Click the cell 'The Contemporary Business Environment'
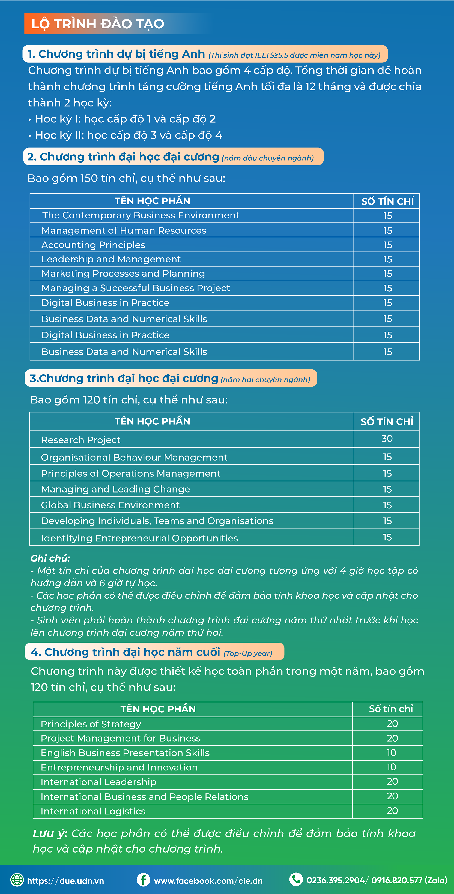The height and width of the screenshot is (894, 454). (x=141, y=215)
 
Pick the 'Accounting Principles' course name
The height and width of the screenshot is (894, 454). (x=93, y=245)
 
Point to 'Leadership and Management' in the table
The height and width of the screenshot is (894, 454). (x=111, y=259)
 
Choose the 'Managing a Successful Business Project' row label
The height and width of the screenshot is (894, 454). (x=135, y=288)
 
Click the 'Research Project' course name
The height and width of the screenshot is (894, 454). (x=80, y=440)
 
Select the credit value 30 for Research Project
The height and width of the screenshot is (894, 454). (x=387, y=439)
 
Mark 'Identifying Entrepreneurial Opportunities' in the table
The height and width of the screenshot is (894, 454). (x=139, y=538)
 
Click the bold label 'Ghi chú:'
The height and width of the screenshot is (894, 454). (x=50, y=558)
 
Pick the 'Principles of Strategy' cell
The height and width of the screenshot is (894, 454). (x=91, y=724)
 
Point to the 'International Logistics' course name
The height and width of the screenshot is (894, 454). (x=93, y=811)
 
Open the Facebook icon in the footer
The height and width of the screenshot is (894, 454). (x=143, y=880)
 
